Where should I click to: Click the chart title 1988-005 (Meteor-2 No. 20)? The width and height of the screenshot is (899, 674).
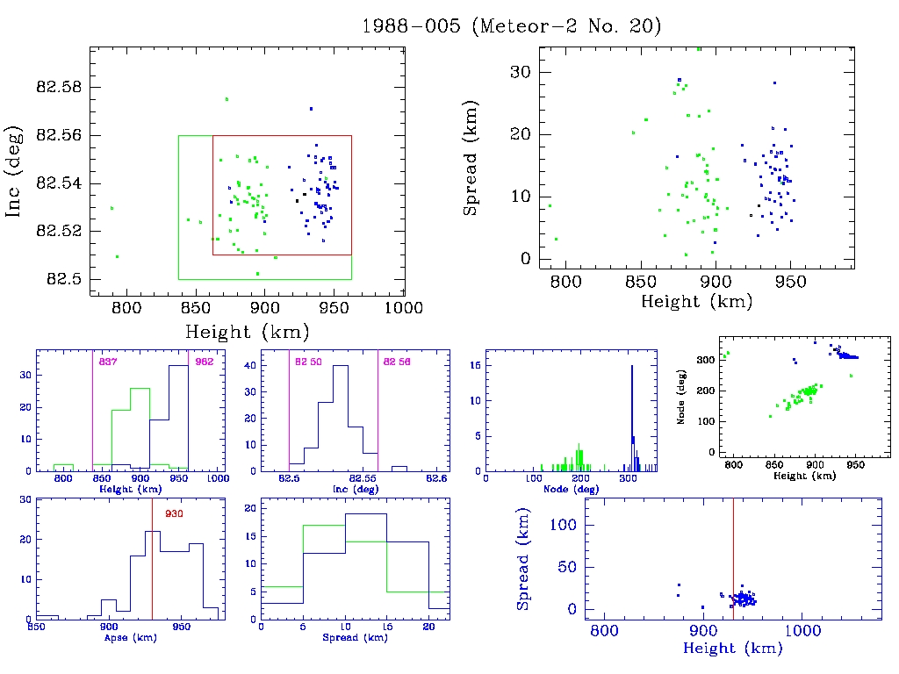tap(511, 25)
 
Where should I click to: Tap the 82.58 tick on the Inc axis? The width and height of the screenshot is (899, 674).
tap(57, 88)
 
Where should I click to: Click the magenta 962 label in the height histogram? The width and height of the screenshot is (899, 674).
tap(204, 362)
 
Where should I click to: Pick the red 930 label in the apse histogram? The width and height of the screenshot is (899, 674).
tap(174, 513)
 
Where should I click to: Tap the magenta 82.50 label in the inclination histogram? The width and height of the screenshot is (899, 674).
tap(308, 362)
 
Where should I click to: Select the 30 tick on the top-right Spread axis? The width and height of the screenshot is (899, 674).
tap(521, 72)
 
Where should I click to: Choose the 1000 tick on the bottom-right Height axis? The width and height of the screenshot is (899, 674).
tap(802, 630)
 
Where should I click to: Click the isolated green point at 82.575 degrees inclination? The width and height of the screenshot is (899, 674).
tap(227, 99)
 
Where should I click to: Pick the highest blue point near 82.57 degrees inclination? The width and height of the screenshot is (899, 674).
tap(311, 109)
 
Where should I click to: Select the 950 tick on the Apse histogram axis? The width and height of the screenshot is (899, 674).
tap(182, 628)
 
